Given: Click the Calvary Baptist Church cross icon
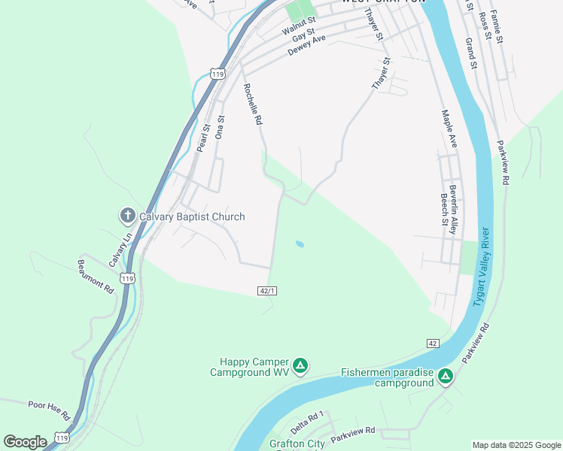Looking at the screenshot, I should pos(127,216).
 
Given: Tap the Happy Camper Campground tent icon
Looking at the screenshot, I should pos(300,366).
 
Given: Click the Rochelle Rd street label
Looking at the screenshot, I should pos(252,104).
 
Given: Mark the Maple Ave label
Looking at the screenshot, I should pos(449,129).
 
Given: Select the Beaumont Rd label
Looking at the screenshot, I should pos(96,277).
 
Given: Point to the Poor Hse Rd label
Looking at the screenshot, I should pos(49,410).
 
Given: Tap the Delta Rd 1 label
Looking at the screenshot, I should pos(307,422).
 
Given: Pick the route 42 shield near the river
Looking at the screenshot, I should pos(432,343).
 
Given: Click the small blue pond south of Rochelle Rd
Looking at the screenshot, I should pos(300,244).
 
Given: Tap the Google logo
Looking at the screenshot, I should pos(25,441).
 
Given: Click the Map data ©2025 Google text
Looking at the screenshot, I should pos(516,445).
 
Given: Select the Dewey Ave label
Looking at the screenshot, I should pos(307,45).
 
